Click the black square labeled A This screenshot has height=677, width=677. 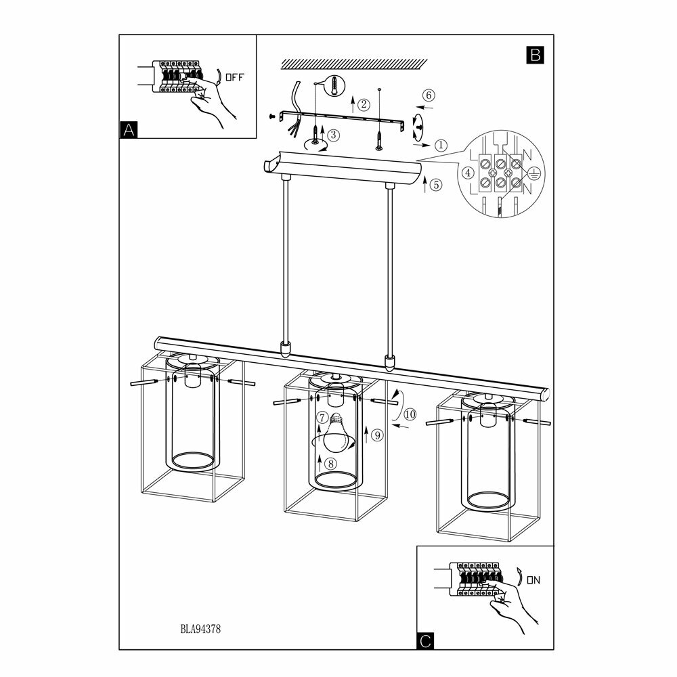(x=128, y=129)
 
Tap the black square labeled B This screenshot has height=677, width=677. (x=534, y=55)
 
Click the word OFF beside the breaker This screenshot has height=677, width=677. (x=234, y=77)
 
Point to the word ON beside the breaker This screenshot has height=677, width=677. (x=533, y=580)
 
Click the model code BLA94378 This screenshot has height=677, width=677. (x=201, y=628)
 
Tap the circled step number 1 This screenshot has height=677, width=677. (x=441, y=145)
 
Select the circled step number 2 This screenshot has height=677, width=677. (x=364, y=104)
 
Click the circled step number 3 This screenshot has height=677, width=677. (x=334, y=135)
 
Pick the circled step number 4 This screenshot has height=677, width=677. (x=467, y=173)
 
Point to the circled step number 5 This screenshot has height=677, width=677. (x=435, y=183)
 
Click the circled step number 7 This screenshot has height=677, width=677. (x=323, y=418)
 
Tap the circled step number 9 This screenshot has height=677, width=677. (x=377, y=435)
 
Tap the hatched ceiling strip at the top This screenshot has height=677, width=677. (x=353, y=62)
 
